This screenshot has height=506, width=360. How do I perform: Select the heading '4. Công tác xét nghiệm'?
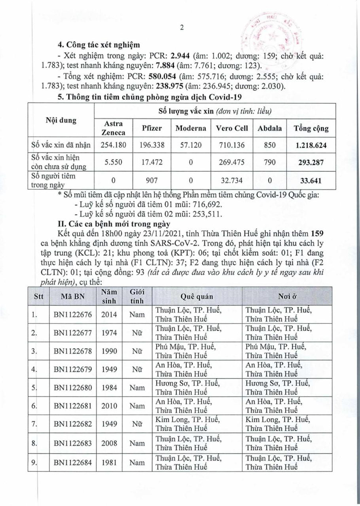pyautogui.click(x=99, y=45)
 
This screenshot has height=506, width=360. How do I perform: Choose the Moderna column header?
pyautogui.click(x=191, y=128)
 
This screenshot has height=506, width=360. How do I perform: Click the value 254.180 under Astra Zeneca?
pyautogui.click(x=114, y=145)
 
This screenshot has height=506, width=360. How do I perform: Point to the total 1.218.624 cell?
pyautogui.click(x=310, y=145)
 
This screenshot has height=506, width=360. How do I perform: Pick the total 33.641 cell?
pyautogui.click(x=310, y=182)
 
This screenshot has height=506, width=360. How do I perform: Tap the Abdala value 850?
pyautogui.click(x=270, y=145)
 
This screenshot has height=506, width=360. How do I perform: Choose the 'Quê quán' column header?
pyautogui.click(x=197, y=297)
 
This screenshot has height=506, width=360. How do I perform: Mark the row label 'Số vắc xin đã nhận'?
pyautogui.click(x=61, y=145)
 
